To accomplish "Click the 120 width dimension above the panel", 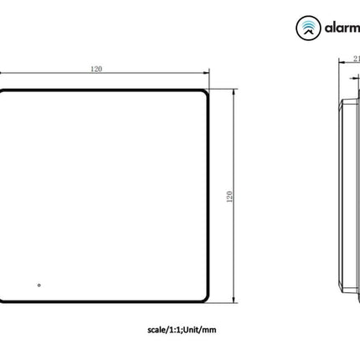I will [x=97, y=69].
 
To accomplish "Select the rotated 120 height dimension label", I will [x=229, y=195].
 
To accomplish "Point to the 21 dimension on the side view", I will [x=354, y=59].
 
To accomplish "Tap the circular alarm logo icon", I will [x=308, y=28].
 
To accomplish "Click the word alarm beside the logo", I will [x=342, y=28].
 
